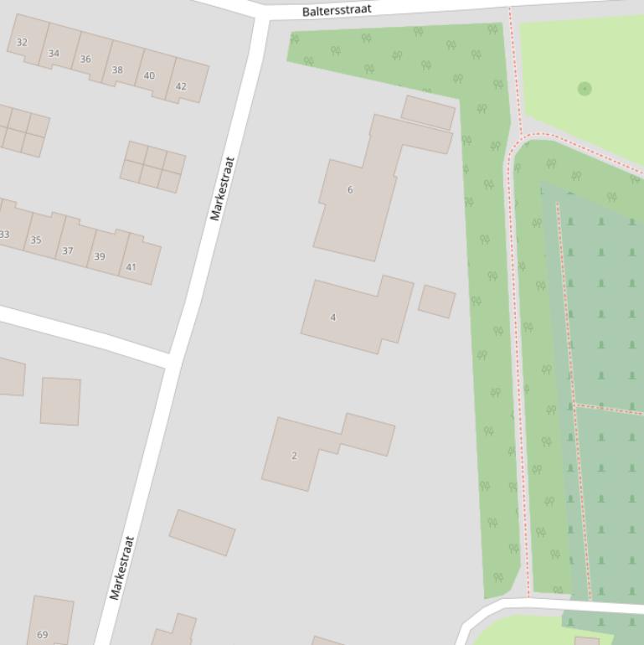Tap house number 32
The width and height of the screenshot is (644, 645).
click(x=22, y=43)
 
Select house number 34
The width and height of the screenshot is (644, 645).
click(x=54, y=54)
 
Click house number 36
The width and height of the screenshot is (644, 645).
click(x=85, y=59)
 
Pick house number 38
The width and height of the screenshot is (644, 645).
click(x=117, y=70)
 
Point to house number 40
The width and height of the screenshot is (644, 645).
click(x=149, y=76)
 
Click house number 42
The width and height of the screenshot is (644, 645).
click(x=181, y=86)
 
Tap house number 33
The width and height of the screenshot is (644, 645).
click(x=4, y=235)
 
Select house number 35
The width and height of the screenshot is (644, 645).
click(x=36, y=240)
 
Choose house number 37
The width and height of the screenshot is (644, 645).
click(x=68, y=250)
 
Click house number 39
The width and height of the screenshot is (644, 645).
click(x=100, y=257)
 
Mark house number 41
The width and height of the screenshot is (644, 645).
click(x=131, y=268)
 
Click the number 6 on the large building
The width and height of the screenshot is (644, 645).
click(x=350, y=190)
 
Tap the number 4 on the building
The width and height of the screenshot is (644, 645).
click(x=333, y=317)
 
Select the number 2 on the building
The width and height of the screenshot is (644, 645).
click(x=294, y=456)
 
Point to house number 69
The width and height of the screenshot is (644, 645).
click(x=43, y=636)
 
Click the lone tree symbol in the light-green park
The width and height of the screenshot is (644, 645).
click(x=585, y=88)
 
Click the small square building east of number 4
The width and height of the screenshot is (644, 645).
click(x=436, y=302)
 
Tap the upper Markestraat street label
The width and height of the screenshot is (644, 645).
click(x=222, y=188)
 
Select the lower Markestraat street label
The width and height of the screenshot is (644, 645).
click(x=121, y=568)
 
